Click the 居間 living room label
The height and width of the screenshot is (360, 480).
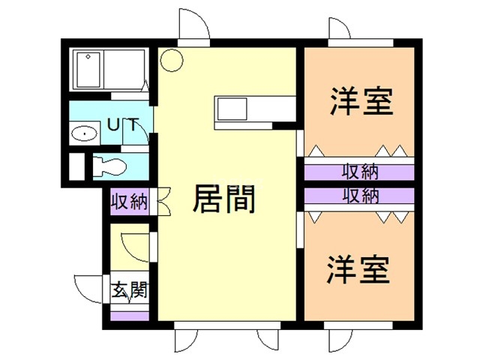[223, 199]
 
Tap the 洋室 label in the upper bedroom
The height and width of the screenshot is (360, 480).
[361, 101]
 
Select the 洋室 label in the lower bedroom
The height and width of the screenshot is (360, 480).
[358, 270]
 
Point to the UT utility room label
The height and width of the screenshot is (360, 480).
[123, 124]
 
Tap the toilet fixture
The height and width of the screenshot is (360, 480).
[109, 167]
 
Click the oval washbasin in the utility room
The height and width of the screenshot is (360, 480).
[84, 133]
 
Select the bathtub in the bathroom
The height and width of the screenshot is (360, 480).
[88, 70]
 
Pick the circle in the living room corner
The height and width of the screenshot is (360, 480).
[172, 60]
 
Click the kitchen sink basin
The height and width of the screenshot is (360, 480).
[232, 109]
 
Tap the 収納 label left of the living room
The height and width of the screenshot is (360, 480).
[130, 202]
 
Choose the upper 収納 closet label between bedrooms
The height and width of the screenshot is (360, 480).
[360, 172]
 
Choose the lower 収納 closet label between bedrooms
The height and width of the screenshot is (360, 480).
[361, 196]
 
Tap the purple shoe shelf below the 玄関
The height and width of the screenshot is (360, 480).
[130, 316]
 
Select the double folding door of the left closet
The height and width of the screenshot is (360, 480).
[163, 201]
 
